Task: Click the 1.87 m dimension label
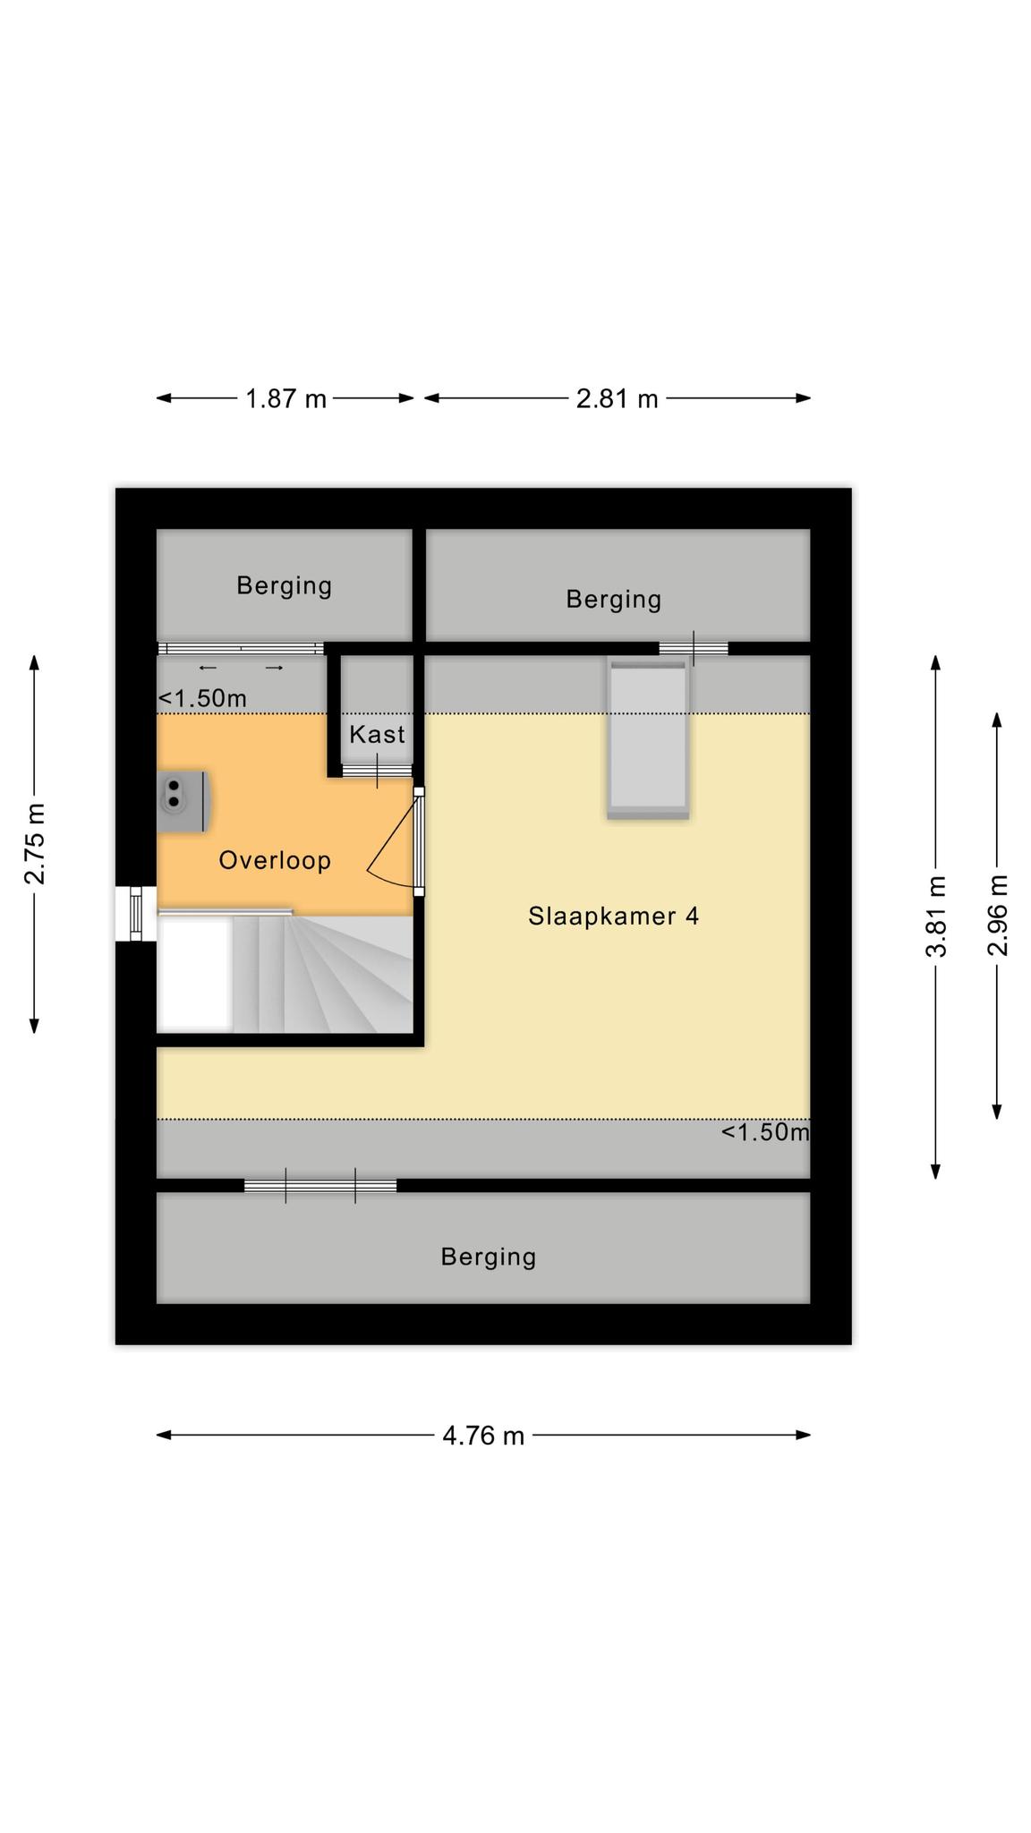click(x=286, y=398)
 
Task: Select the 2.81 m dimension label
click(x=617, y=398)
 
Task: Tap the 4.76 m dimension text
click(x=483, y=1436)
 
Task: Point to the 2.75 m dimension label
click(x=35, y=844)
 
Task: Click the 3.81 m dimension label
click(x=936, y=916)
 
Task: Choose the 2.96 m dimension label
click(x=998, y=915)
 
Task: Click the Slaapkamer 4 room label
click(x=614, y=916)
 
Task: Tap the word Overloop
click(x=275, y=861)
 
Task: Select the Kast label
click(x=377, y=735)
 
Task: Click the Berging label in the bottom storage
click(x=489, y=1258)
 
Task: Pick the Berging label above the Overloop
click(x=285, y=586)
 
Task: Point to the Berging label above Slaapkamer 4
click(x=614, y=600)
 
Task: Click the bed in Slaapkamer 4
click(x=648, y=738)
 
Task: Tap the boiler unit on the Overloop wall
click(x=183, y=800)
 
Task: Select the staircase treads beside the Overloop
click(x=322, y=974)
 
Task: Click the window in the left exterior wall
click(x=136, y=914)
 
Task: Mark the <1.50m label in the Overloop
click(x=202, y=698)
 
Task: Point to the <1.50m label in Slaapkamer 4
click(x=765, y=1132)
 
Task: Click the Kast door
click(x=377, y=770)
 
